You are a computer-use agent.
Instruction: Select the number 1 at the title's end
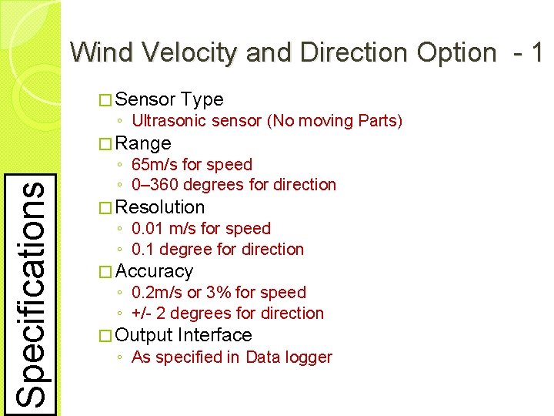pyautogui.click(x=536, y=52)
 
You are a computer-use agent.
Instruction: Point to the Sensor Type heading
pyautogui.click(x=169, y=99)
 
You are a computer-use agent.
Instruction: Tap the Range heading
pyautogui.click(x=143, y=143)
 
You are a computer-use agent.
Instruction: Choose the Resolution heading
pyautogui.click(x=160, y=207)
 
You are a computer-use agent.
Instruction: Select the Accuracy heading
pyautogui.click(x=154, y=271)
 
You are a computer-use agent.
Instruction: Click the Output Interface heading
pyautogui.click(x=183, y=335)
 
